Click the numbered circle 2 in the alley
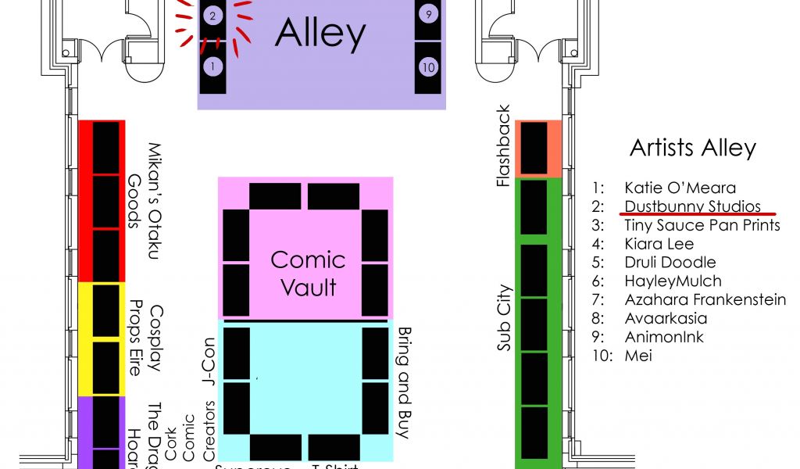pos(212,15)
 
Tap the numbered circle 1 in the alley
pos(212,66)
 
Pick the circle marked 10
pos(427,66)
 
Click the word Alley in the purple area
pos(320,34)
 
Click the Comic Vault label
pos(308,273)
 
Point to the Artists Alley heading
pos(692,148)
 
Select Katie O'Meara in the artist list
pos(680,188)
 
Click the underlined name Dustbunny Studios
pos(692,206)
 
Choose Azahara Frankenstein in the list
pos(705,299)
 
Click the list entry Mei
pos(638,356)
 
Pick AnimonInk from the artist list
pos(663,337)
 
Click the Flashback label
pos(504,146)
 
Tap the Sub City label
pos(504,317)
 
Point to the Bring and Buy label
pos(405,382)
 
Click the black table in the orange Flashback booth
pos(534,148)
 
